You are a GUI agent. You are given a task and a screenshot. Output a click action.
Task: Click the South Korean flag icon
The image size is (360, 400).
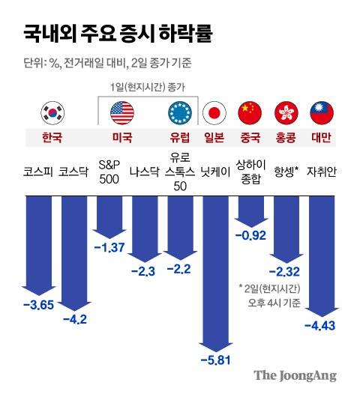click(x=52, y=113)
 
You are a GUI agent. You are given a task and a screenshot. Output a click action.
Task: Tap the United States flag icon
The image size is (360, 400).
click(x=121, y=113)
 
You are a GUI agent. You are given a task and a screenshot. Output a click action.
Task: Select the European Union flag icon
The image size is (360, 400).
click(x=179, y=113)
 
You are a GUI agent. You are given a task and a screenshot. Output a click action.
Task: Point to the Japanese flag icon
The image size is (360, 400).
click(x=215, y=113)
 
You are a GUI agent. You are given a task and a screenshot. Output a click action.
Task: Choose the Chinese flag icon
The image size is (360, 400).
click(x=249, y=113)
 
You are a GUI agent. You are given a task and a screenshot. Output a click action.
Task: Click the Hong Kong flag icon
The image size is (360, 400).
click(x=286, y=113)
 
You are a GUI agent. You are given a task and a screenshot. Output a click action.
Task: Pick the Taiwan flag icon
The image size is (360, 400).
click(x=321, y=113)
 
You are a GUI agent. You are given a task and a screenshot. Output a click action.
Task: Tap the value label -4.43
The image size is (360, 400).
click(x=320, y=325)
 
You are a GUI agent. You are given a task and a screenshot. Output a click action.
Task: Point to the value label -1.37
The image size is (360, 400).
click(x=108, y=247)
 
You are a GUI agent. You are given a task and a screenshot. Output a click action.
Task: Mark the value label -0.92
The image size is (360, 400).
click(x=251, y=235)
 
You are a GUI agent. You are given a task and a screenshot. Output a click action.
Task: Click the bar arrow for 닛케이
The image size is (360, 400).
click(x=215, y=270)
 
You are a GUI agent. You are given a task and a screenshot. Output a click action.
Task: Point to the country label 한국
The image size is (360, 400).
click(x=52, y=138)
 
